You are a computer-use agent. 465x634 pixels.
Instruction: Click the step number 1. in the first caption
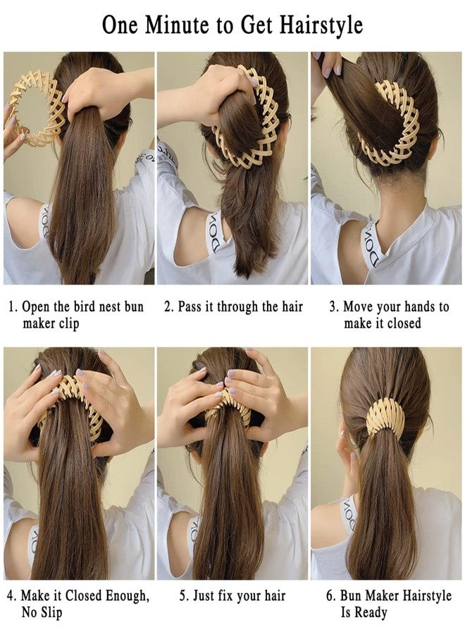13,306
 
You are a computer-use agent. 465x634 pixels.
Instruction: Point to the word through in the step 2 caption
238,307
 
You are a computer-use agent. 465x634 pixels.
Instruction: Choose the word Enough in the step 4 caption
128,597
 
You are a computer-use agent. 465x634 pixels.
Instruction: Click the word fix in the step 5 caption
225,596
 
